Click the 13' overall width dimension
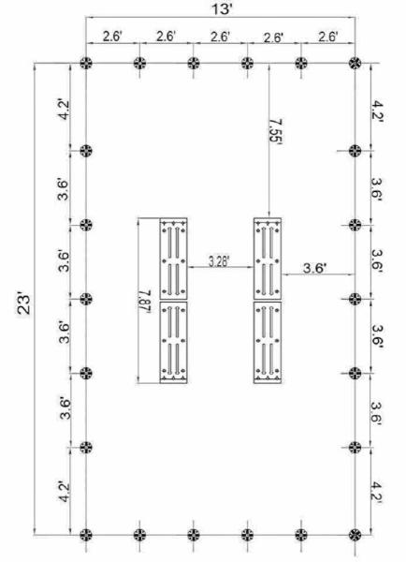click(222, 9)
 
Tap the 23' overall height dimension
click(24, 304)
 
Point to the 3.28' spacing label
click(219, 261)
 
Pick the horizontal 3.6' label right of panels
click(314, 268)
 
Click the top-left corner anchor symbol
click(86, 63)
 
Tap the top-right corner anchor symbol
click(355, 63)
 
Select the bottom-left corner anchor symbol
click(86, 535)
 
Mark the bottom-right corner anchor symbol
click(355, 535)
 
